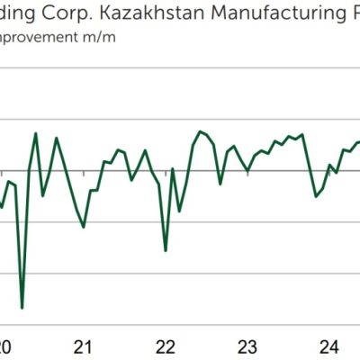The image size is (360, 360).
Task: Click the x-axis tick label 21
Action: pos(84,346)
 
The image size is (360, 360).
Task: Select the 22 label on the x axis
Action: pos(166,346)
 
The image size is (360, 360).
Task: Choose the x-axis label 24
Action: pos(329,346)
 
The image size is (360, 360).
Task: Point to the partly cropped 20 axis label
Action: pos(5,346)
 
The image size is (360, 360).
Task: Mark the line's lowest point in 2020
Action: pos(22,308)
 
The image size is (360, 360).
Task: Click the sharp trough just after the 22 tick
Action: pos(166,250)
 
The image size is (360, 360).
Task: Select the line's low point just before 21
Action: pos(84,227)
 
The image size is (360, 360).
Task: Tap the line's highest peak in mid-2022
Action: pos(200,131)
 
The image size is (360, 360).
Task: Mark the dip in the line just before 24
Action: pos(316,196)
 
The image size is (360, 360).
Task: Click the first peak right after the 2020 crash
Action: pos(36,134)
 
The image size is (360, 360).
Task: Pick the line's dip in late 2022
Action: pos(220,184)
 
